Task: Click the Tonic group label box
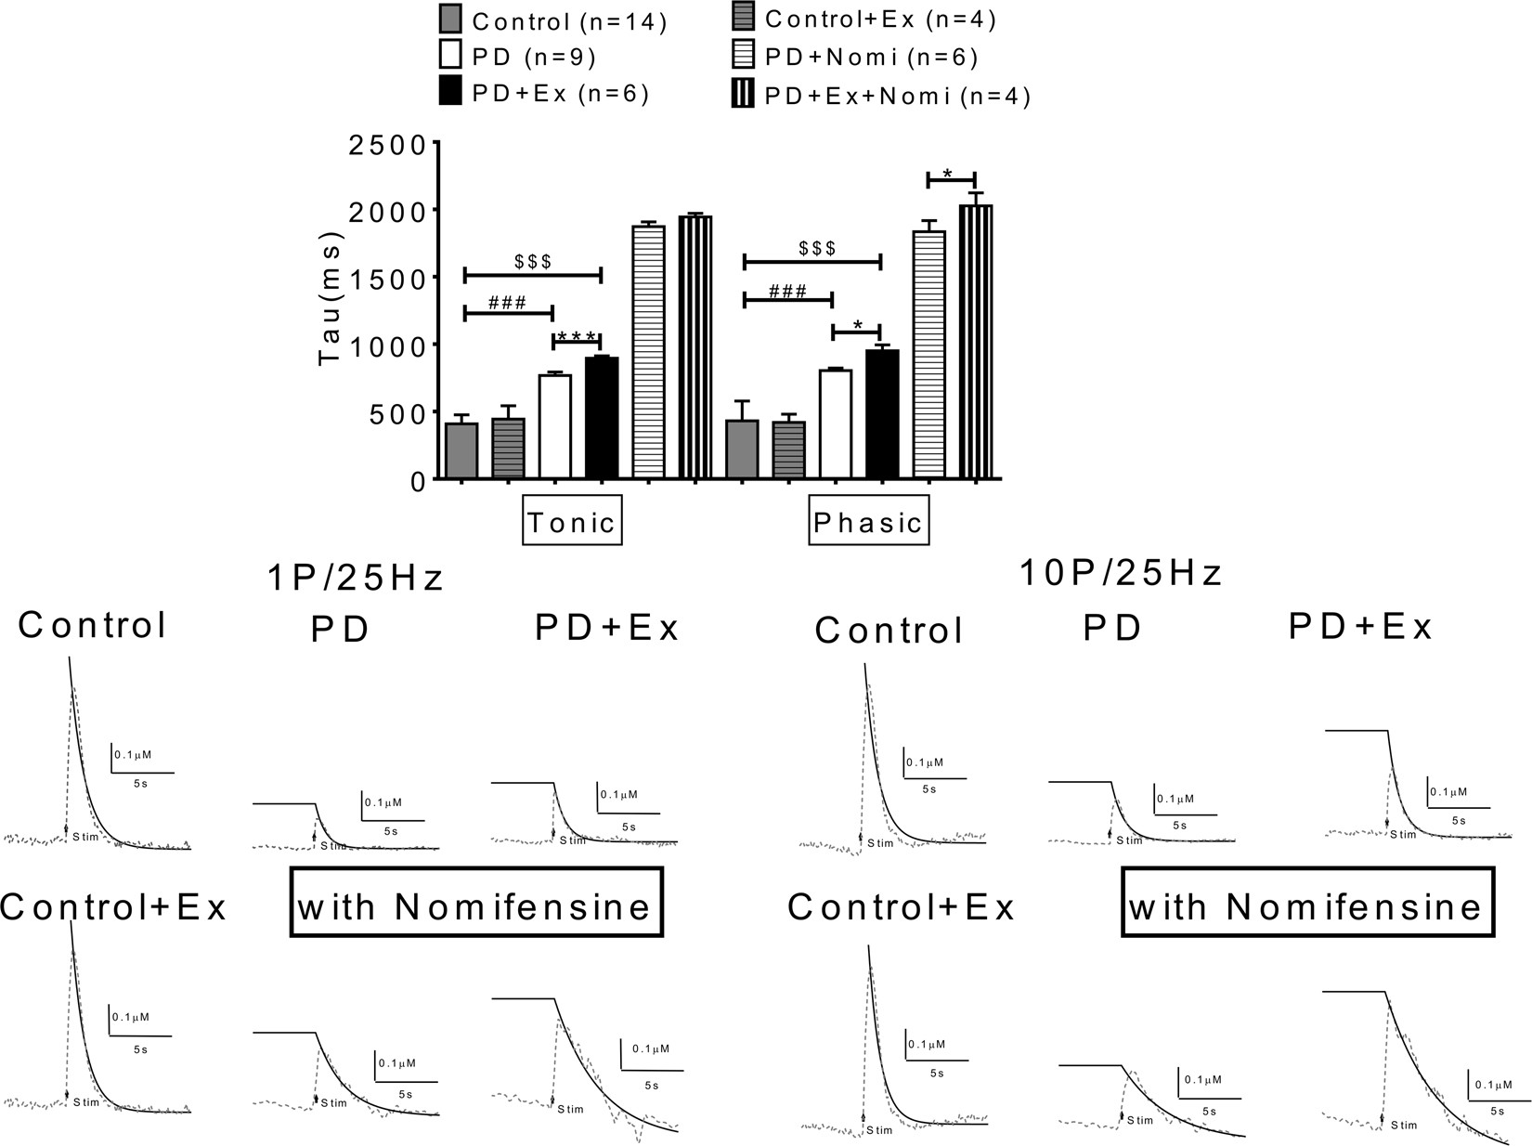pos(572,522)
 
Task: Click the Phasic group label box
pos(868,522)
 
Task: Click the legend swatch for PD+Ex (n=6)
pos(451,93)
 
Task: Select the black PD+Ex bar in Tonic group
pos(602,418)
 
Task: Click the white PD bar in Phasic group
pos(836,424)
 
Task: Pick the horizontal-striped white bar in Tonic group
pos(648,352)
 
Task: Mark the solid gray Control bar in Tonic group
pos(461,450)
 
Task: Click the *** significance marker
pos(577,335)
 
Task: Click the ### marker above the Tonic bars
pos(507,302)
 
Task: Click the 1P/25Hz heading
pos(354,578)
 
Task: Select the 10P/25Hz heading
pos(1121,574)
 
